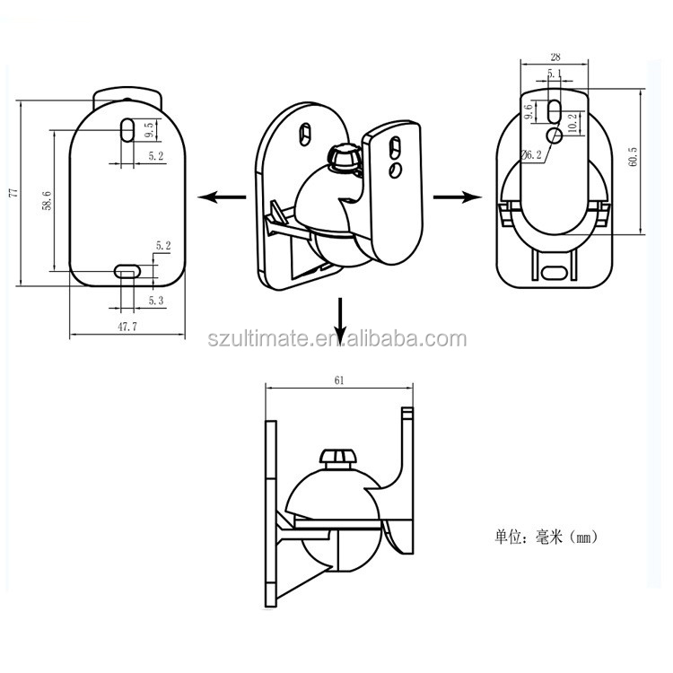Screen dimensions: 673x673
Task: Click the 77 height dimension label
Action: point(14,193)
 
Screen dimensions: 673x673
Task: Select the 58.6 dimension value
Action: point(48,200)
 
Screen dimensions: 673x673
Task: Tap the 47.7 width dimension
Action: point(127,327)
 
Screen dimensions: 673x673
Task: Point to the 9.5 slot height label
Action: point(149,129)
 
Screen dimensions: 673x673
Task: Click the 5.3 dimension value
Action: point(156,301)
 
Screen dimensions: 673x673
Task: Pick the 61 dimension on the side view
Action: point(339,380)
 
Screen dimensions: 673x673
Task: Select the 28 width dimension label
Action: point(555,57)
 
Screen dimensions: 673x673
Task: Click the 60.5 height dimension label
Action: point(633,157)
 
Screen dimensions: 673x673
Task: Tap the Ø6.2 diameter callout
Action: point(531,154)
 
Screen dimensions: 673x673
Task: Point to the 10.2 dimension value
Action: point(572,123)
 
